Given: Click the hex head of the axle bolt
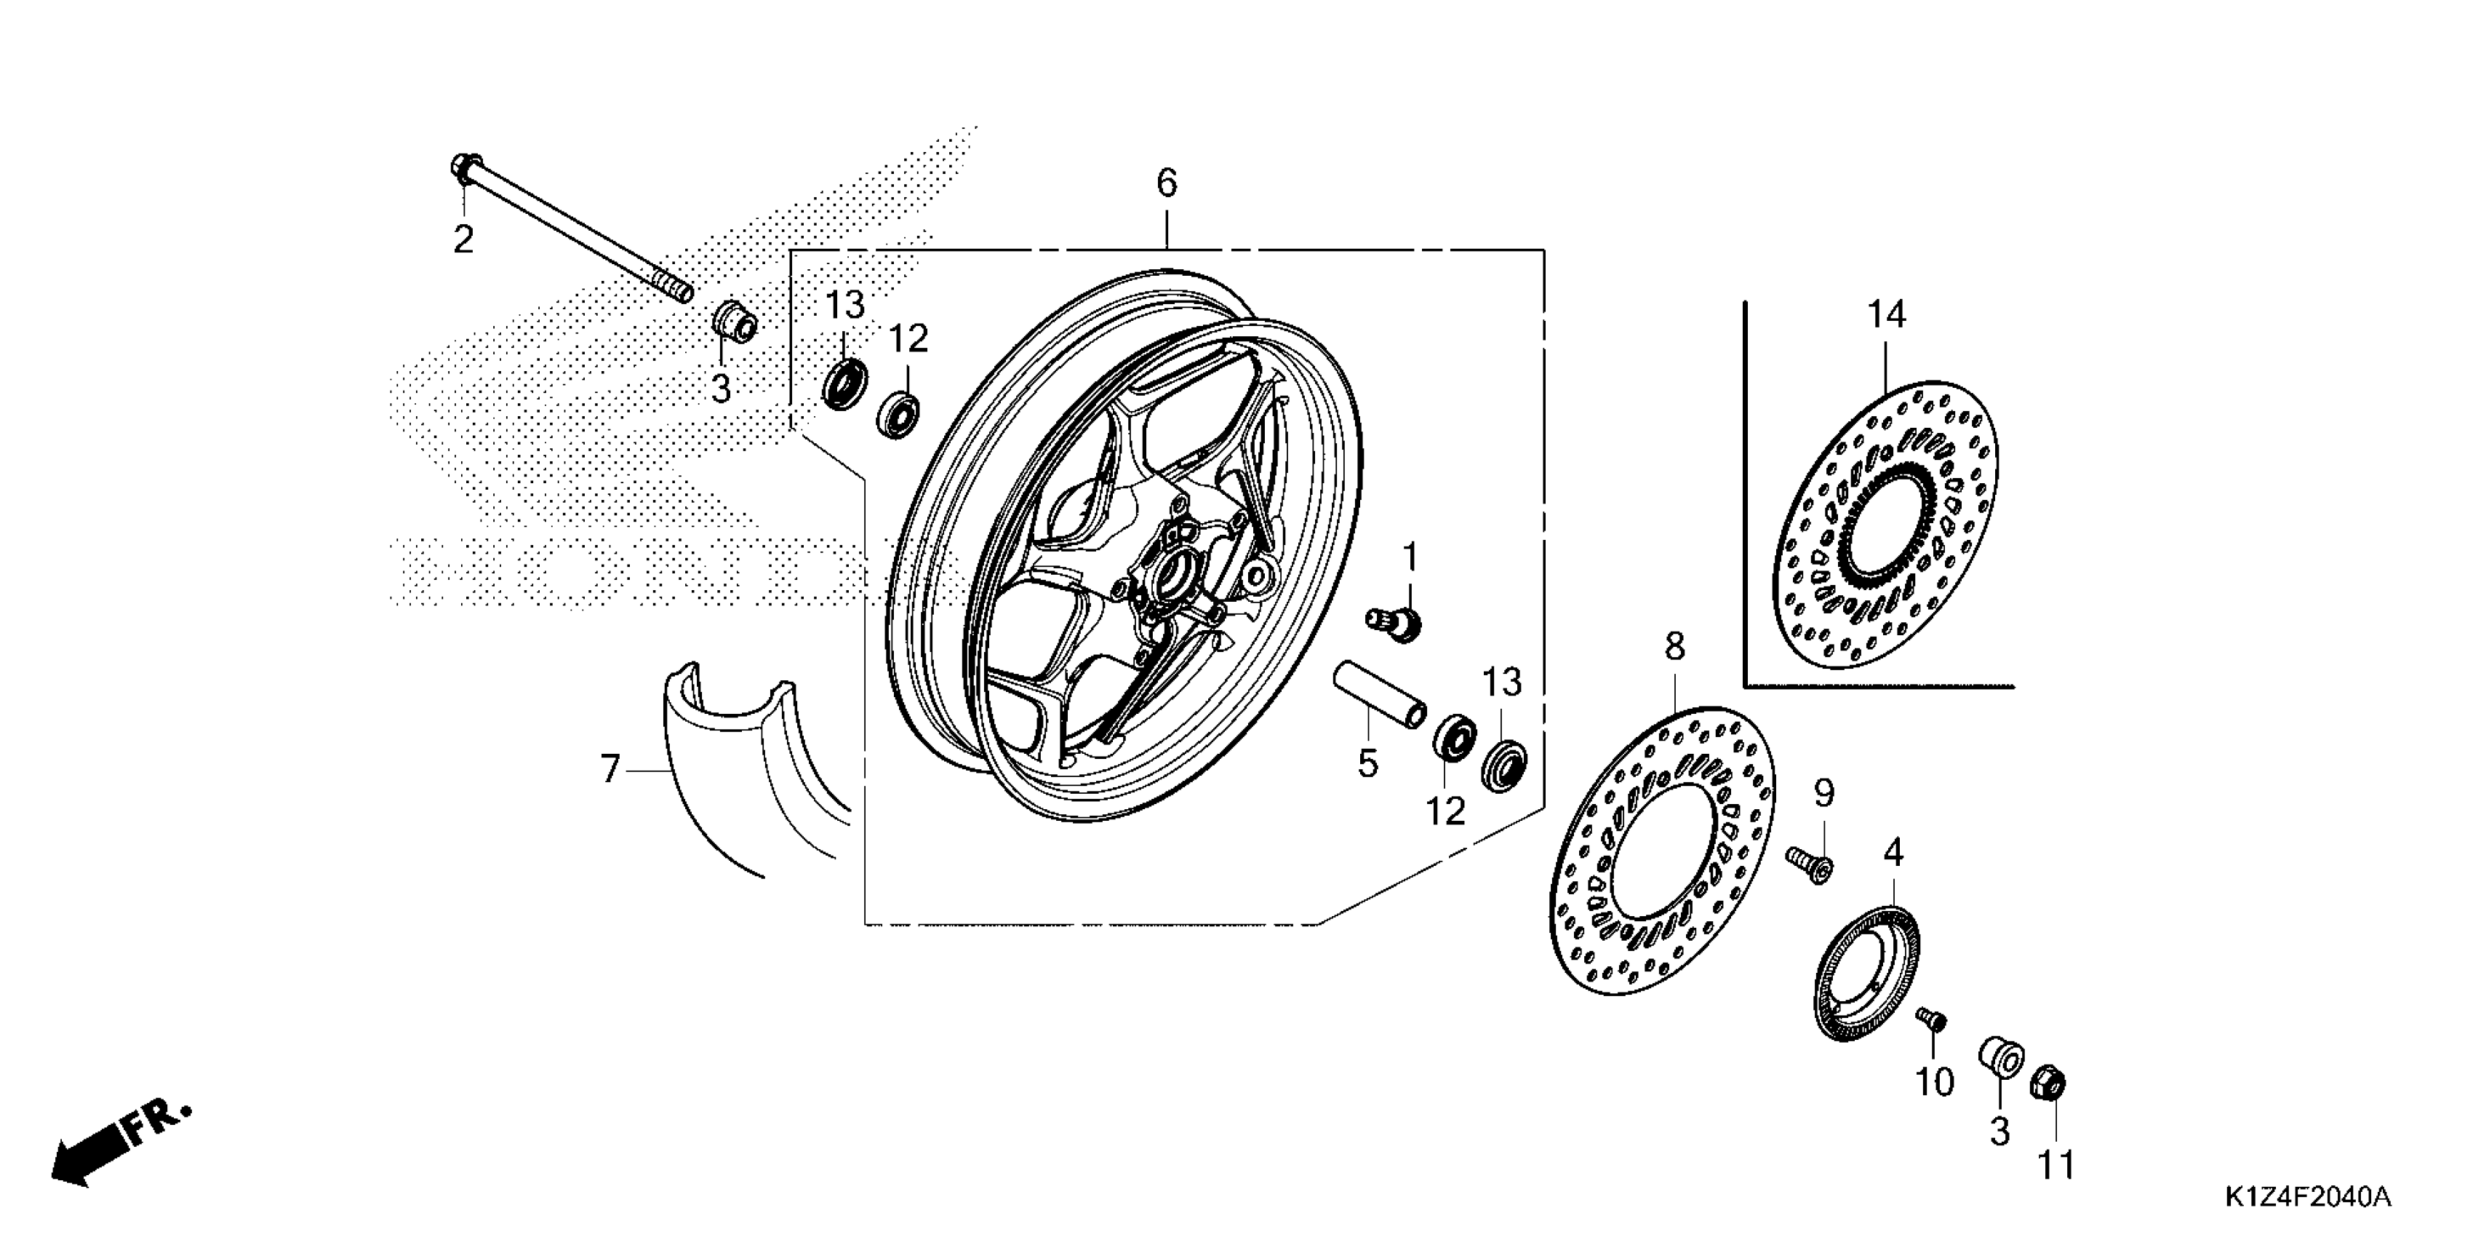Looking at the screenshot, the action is (x=461, y=169).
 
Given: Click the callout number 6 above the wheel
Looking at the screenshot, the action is (x=1167, y=183).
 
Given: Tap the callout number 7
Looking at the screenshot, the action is (x=610, y=769).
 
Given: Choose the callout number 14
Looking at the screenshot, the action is (x=1887, y=315).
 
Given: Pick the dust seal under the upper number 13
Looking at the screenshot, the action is (x=844, y=381).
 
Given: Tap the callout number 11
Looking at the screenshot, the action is (x=2056, y=1166).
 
